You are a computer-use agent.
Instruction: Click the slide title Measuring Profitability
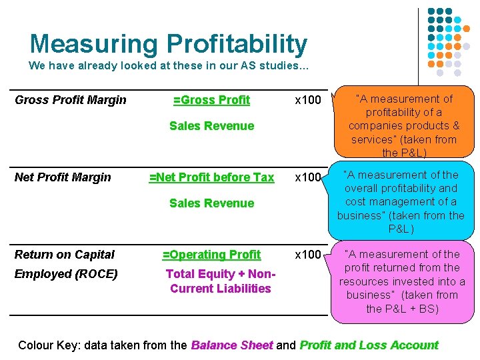[168, 44]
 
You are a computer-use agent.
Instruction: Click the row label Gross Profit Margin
[70, 100]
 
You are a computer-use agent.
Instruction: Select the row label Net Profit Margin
[63, 177]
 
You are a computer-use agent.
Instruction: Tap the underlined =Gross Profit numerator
[211, 100]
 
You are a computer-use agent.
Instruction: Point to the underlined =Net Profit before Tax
[211, 177]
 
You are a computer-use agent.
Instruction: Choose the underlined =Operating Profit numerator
[211, 255]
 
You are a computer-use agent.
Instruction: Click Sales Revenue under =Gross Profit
[211, 126]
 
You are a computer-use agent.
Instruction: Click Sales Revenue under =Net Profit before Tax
[211, 203]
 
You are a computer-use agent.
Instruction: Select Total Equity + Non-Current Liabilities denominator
[219, 281]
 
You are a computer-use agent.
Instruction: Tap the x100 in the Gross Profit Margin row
[308, 100]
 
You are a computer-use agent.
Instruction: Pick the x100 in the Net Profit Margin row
[308, 177]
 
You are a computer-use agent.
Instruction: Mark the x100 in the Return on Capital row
[308, 255]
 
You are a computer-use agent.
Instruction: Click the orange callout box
[403, 126]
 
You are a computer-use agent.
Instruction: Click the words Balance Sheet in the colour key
[231, 345]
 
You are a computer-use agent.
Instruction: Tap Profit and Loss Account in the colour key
[369, 345]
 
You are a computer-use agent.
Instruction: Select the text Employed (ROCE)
[66, 274]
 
